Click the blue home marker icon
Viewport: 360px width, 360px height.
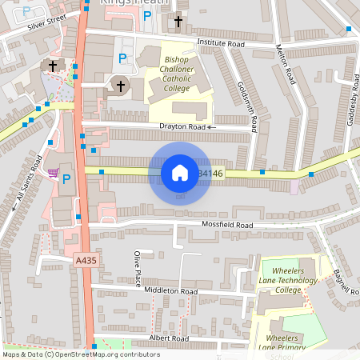coord(180,172)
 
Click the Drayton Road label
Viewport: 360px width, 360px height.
coord(183,126)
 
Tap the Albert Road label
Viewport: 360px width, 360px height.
coord(168,338)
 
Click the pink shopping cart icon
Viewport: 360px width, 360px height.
coord(53,172)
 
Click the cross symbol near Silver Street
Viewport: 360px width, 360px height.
coord(53,66)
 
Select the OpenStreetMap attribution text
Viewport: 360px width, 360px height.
coord(81,354)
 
